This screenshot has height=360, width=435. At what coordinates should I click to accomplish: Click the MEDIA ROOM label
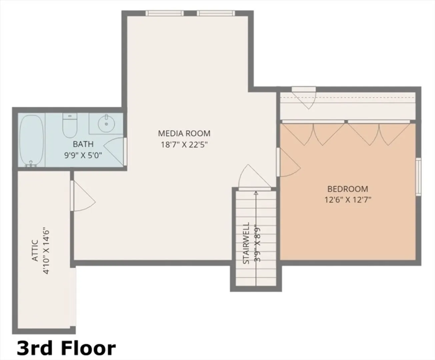(x=184, y=133)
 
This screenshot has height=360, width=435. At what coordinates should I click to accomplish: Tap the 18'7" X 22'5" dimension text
(x=184, y=144)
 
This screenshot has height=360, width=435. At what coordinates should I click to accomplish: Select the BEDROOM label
(x=348, y=189)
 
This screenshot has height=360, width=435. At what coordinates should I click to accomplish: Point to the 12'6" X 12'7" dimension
(x=348, y=200)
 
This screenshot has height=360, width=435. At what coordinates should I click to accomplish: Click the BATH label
(x=83, y=144)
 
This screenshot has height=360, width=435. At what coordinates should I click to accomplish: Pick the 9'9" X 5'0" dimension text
(x=83, y=155)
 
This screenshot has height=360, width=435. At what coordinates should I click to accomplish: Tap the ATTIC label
(x=35, y=251)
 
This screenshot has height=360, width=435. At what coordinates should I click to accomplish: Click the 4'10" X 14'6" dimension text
(x=46, y=252)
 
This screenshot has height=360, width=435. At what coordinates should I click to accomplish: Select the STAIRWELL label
(x=246, y=243)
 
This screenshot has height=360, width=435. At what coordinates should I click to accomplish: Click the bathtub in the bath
(x=31, y=141)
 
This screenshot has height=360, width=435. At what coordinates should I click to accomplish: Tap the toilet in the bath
(x=70, y=125)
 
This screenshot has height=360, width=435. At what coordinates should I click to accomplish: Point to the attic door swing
(x=83, y=196)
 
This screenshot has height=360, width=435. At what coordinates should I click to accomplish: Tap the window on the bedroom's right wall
(x=418, y=177)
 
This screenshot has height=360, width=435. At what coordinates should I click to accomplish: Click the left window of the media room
(x=165, y=13)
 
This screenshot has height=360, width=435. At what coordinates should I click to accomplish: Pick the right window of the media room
(x=216, y=13)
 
